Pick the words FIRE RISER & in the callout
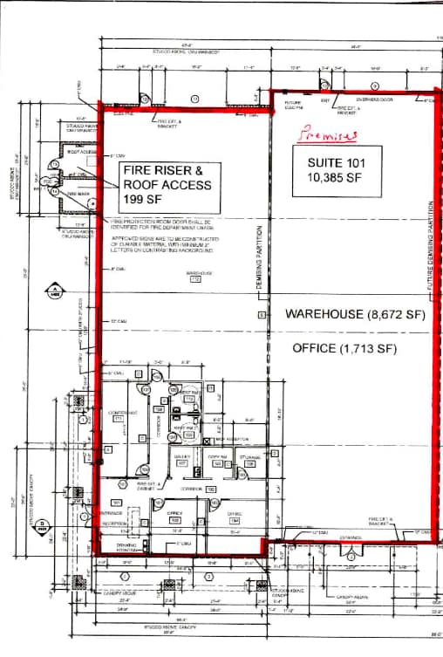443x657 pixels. (167, 169)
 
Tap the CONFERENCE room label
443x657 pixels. (119, 414)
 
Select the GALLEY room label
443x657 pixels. (183, 459)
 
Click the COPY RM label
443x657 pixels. (218, 458)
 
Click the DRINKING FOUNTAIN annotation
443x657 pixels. (127, 548)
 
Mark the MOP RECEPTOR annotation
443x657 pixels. (231, 438)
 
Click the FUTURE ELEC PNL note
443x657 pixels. (294, 106)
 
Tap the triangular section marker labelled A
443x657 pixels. (54, 291)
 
